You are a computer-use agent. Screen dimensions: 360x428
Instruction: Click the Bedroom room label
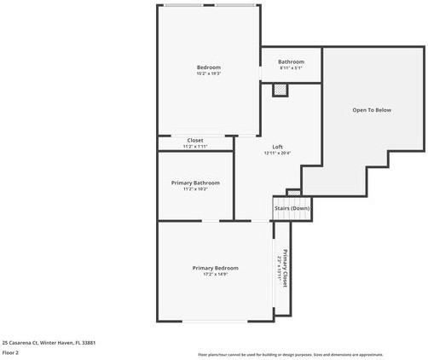point(209,67)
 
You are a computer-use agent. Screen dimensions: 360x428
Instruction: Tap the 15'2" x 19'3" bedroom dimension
point(209,74)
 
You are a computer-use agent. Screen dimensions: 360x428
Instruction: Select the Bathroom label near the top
point(291,61)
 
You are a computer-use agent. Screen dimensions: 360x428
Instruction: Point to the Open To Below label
point(372,110)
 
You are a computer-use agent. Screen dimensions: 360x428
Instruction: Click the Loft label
point(277,147)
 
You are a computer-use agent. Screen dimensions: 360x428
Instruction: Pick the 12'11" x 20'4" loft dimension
point(277,154)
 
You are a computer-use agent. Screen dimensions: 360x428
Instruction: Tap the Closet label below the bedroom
point(195,140)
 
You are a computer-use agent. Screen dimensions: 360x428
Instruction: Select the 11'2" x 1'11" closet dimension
point(195,147)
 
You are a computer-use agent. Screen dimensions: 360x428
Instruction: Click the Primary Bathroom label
point(195,183)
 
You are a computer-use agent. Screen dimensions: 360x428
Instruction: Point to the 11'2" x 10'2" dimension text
point(195,189)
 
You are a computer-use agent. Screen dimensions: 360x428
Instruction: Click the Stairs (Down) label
point(292,208)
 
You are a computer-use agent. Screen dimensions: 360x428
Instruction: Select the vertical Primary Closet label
point(286,268)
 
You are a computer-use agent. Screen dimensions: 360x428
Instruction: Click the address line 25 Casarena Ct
point(49,342)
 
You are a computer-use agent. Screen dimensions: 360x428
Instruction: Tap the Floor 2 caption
point(11,351)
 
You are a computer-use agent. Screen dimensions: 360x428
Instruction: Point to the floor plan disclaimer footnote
point(290,354)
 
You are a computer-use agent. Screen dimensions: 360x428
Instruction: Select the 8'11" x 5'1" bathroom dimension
point(291,68)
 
